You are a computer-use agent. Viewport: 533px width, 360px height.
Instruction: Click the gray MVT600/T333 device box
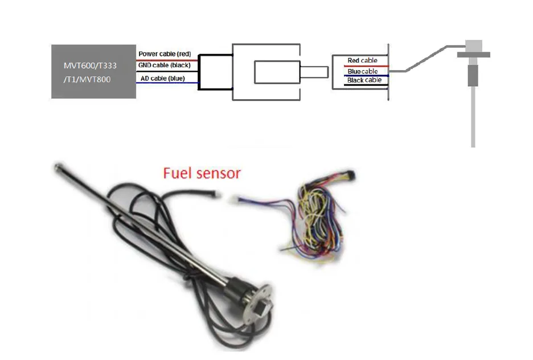93,71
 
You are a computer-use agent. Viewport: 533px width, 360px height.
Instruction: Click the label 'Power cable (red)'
165,54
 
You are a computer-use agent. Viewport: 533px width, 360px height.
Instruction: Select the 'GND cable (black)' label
164,65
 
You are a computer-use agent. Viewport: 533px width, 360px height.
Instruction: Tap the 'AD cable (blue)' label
162,78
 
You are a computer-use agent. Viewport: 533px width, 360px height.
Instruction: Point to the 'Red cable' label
362,60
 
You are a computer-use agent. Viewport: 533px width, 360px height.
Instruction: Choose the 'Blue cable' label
363,71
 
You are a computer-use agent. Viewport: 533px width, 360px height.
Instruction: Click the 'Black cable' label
364,80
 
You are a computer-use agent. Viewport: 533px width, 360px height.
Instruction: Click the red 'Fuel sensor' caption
202,173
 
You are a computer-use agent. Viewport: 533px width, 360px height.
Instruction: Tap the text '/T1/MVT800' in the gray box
87,80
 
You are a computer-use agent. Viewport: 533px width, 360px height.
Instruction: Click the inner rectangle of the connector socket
277,72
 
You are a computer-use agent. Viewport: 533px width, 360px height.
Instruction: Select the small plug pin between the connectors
314,72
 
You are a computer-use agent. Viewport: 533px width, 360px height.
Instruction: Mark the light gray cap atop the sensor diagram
474,46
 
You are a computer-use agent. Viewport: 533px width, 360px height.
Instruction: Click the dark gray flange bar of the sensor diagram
474,55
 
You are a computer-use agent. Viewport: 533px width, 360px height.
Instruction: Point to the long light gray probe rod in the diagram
473,117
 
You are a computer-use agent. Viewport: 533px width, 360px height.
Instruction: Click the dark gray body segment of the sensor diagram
473,75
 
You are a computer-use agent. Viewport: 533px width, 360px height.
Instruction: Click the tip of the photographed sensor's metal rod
58,166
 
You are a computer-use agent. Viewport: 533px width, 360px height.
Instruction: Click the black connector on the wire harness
350,175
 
